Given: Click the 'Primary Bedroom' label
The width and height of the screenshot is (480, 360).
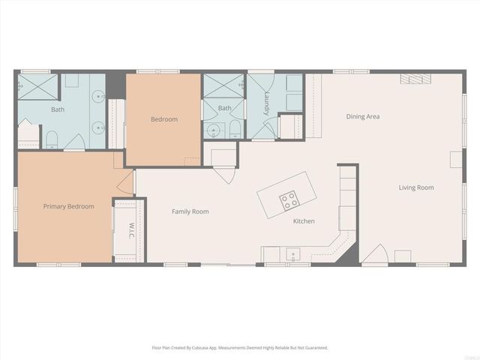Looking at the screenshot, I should [68, 206].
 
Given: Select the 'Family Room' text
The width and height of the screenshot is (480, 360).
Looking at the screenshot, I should [190, 211].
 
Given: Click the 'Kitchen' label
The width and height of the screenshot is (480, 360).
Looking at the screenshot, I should [304, 221].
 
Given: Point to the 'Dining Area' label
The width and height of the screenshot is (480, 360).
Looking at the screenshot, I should [362, 116].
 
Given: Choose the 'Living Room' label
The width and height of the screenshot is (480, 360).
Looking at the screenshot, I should [415, 187].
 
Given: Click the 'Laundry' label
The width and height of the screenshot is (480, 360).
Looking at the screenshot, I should [266, 104].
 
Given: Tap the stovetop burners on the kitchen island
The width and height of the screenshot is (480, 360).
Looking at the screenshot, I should [288, 199].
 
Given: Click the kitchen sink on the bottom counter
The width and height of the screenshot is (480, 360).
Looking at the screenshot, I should [289, 253].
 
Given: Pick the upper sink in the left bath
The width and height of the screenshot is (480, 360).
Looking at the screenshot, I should [97, 95].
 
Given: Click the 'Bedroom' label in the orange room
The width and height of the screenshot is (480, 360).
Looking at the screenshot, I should [163, 119].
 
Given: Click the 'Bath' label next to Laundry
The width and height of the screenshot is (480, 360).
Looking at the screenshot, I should [224, 108].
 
